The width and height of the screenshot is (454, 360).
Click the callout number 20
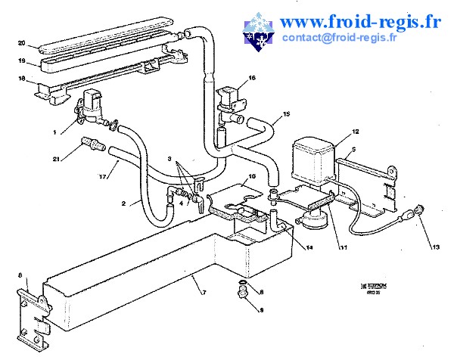coord(21,42)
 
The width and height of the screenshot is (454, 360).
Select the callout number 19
coord(21,61)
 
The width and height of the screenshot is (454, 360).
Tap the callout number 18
coord(21,78)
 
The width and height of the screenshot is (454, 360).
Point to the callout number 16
coord(252,78)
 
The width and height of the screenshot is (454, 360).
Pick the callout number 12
coord(355,132)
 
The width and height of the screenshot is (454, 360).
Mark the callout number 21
coord(56,158)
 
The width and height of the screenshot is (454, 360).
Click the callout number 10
coord(252,175)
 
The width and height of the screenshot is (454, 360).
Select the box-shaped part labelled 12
coord(314,159)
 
